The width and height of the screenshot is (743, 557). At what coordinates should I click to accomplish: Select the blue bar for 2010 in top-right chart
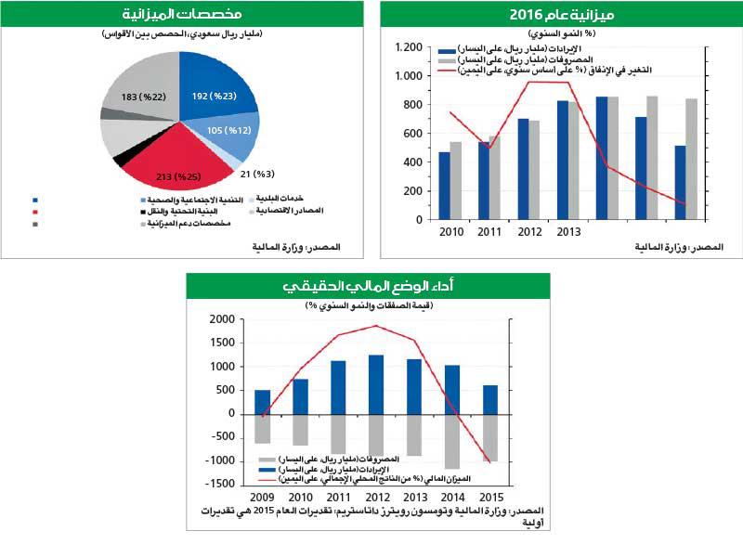pos(444,186)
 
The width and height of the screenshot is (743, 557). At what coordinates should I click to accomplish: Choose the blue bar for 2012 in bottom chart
pos(376,384)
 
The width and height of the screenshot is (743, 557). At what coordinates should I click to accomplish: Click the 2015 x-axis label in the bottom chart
pos(489,497)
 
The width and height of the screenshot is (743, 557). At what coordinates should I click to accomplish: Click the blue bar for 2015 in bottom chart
pos(489,399)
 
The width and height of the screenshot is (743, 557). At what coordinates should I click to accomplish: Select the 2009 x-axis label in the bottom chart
pos(262,497)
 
